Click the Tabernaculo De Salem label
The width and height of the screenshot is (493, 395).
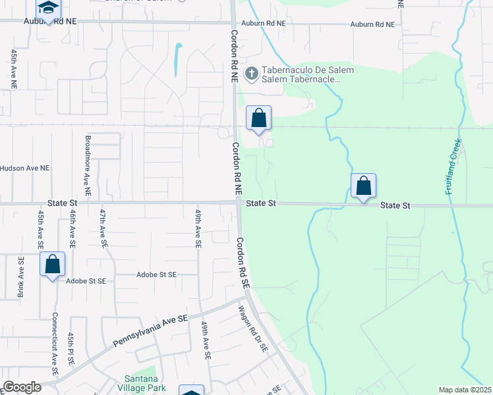point(308,70)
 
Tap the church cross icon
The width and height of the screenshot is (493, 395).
point(250,73)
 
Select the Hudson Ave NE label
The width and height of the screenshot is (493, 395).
point(25,168)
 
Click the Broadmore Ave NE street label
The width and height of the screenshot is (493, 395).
point(87,169)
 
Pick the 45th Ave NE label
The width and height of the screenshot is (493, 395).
point(13,68)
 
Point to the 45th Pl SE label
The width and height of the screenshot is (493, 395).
point(71,350)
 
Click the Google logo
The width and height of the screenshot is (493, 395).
point(22,387)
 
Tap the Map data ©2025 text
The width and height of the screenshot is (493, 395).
point(465,390)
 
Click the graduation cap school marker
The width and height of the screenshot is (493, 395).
point(48,10)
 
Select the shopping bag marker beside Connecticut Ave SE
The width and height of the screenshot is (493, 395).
point(53,265)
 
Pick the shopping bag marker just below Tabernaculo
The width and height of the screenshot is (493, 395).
point(259,118)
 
